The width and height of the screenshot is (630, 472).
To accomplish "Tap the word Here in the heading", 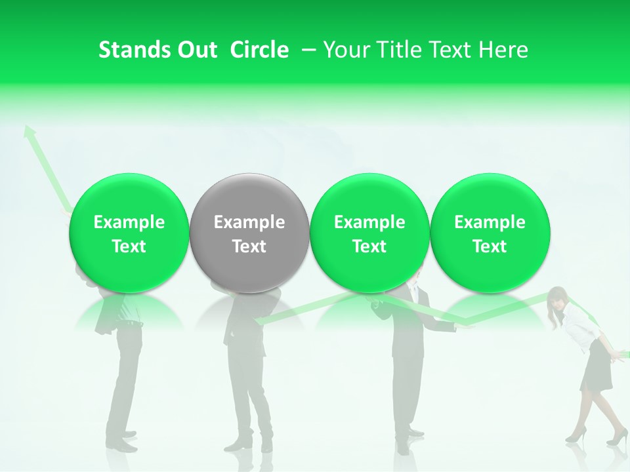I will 503,50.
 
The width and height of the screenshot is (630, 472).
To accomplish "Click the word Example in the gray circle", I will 249,222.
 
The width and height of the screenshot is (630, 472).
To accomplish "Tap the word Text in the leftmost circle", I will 129,246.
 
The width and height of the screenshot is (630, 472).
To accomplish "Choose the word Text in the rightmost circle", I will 490,246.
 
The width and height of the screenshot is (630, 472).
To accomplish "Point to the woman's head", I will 558,298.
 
